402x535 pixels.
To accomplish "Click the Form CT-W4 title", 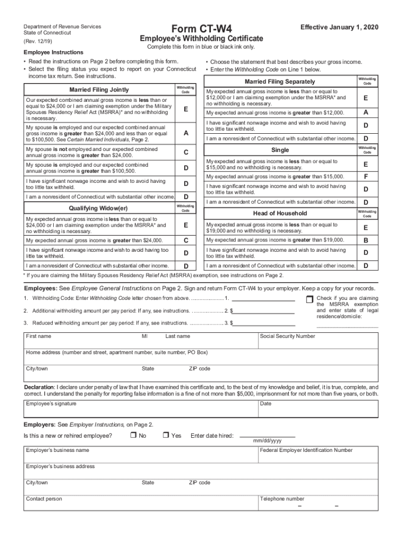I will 201,28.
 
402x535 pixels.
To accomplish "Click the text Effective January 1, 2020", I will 338,27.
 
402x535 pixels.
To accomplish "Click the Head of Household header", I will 280,213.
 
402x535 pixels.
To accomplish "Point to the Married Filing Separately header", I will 280,82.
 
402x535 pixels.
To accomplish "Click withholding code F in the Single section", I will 365,176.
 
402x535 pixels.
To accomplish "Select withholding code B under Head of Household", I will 365,240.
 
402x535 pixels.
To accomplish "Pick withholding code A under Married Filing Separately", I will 365,112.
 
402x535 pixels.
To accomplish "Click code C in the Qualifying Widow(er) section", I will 185,240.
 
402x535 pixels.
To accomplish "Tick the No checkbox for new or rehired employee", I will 133,435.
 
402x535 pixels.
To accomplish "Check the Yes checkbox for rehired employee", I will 165,435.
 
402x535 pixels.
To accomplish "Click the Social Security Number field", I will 318,342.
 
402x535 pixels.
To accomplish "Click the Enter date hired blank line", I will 267,434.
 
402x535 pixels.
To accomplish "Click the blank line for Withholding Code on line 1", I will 263,299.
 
